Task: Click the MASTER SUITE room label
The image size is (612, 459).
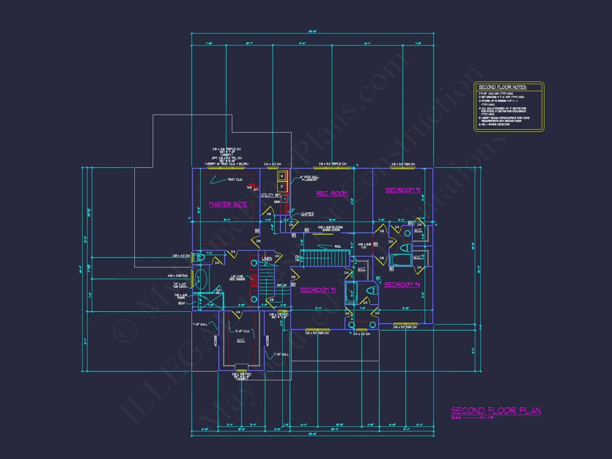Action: pyautogui.click(x=228, y=204)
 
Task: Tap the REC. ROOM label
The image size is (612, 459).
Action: pyautogui.click(x=332, y=193)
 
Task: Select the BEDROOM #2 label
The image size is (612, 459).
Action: pyautogui.click(x=403, y=190)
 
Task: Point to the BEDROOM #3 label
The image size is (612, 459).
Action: pyautogui.click(x=318, y=290)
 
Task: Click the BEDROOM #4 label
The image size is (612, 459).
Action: pyautogui.click(x=402, y=285)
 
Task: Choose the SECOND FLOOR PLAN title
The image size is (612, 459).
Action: pyautogui.click(x=496, y=411)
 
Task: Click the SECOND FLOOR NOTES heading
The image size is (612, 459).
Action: pyautogui.click(x=503, y=87)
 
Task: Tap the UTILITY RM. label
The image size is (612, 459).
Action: pyautogui.click(x=271, y=195)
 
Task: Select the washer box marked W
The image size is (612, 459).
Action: pyautogui.click(x=282, y=176)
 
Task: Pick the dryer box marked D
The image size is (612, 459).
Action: pyautogui.click(x=282, y=186)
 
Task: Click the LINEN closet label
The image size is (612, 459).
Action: pyautogui.click(x=267, y=259)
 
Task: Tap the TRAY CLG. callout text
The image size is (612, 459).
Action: pyautogui.click(x=235, y=180)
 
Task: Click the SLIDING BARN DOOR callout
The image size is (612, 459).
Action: pyautogui.click(x=330, y=228)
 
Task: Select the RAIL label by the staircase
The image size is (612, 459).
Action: pyautogui.click(x=338, y=246)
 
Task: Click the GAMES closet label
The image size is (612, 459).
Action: pyautogui.click(x=307, y=214)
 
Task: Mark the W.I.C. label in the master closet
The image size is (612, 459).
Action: pyautogui.click(x=241, y=340)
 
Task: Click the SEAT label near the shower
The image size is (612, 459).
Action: pyautogui.click(x=181, y=303)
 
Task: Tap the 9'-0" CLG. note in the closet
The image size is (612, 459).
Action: pyautogui.click(x=242, y=331)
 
